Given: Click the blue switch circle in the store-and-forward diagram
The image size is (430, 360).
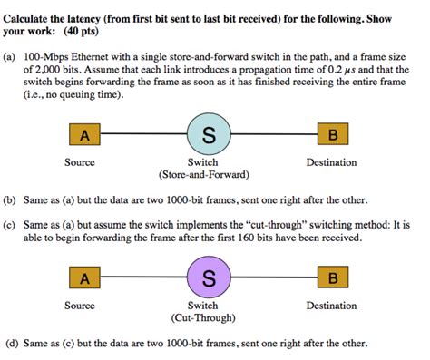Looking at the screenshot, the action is [209, 136].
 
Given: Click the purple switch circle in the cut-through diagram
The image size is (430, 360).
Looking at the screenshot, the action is [209, 277].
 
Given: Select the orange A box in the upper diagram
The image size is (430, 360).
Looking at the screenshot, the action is [84, 136].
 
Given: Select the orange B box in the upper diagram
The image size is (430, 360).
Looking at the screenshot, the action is [333, 136].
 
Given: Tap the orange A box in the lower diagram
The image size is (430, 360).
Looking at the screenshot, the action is [84, 277].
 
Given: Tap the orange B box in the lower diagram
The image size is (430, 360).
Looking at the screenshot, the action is [333, 277].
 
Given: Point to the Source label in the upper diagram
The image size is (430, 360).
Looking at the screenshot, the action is [80, 163].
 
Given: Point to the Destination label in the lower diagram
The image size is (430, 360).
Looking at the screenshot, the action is [331, 306].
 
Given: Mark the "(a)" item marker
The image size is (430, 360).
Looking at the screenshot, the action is [11, 54].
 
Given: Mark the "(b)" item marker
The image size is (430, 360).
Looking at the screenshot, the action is [11, 197].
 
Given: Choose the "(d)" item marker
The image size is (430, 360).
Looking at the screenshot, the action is [11, 344].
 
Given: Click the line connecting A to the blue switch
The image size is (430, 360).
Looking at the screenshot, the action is [143, 136].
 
